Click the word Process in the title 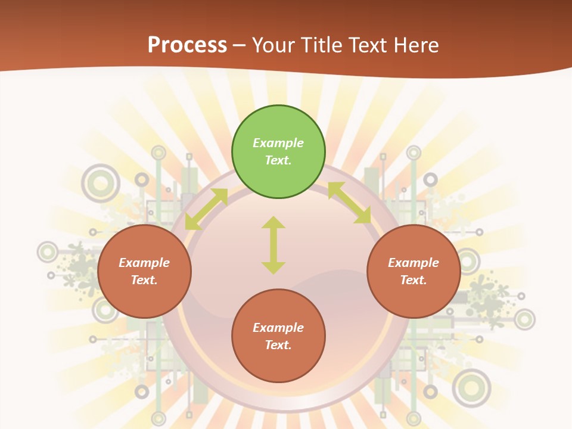[x=187, y=45]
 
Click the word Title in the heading [x=324, y=45]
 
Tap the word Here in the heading [x=415, y=45]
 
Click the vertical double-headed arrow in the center [x=273, y=245]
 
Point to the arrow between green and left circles [x=206, y=209]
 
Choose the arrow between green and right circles [x=349, y=203]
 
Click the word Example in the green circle [x=278, y=143]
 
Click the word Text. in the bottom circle [x=278, y=345]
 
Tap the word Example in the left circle [x=144, y=263]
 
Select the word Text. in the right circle [x=414, y=280]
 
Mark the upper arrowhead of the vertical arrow [x=273, y=222]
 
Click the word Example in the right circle [x=414, y=263]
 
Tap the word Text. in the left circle [x=144, y=280]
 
